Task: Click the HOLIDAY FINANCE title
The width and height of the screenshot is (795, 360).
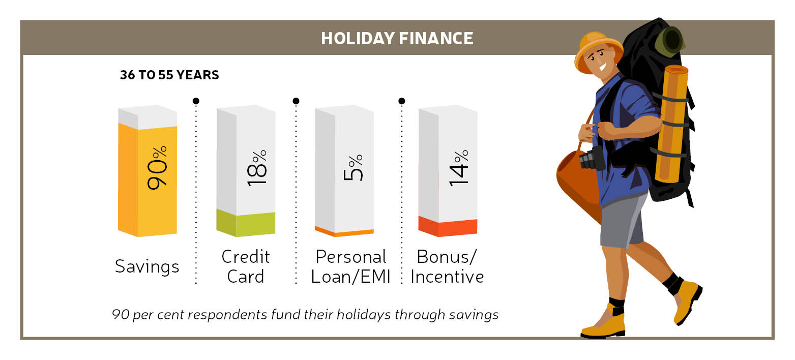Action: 397,38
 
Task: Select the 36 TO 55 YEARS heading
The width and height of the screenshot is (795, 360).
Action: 169,75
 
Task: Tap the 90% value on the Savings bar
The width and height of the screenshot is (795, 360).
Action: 157,167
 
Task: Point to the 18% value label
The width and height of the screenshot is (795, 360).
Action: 256,168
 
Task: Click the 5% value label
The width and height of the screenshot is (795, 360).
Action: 353,168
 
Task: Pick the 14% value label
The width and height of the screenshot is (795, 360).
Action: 459,168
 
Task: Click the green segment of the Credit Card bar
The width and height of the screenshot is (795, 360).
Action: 246,223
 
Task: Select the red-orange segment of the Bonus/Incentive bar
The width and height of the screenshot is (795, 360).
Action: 448,226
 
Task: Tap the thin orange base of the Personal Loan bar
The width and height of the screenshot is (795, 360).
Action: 344,231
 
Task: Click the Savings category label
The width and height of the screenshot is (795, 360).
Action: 147,267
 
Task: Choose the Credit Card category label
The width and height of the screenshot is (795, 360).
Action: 246,267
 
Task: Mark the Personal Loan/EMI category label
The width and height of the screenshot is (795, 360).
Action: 350,267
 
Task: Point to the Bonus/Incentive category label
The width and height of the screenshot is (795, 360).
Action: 447,267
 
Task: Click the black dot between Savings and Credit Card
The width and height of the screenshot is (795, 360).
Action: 196,101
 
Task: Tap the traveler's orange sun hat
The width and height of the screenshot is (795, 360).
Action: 598,51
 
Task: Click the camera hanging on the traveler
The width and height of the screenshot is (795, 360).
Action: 592,159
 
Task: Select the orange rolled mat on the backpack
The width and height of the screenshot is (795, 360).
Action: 671,124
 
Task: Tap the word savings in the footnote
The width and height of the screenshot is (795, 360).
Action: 474,315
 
